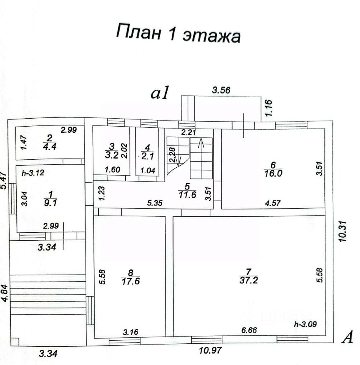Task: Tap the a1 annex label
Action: (161, 94)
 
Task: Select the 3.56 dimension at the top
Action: (221, 90)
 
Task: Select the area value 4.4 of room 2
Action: (49, 148)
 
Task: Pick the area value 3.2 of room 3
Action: (111, 155)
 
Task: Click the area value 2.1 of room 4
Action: (145, 155)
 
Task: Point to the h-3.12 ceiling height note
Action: (33, 173)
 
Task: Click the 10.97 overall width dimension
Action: (210, 351)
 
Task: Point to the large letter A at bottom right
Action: (347, 337)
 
